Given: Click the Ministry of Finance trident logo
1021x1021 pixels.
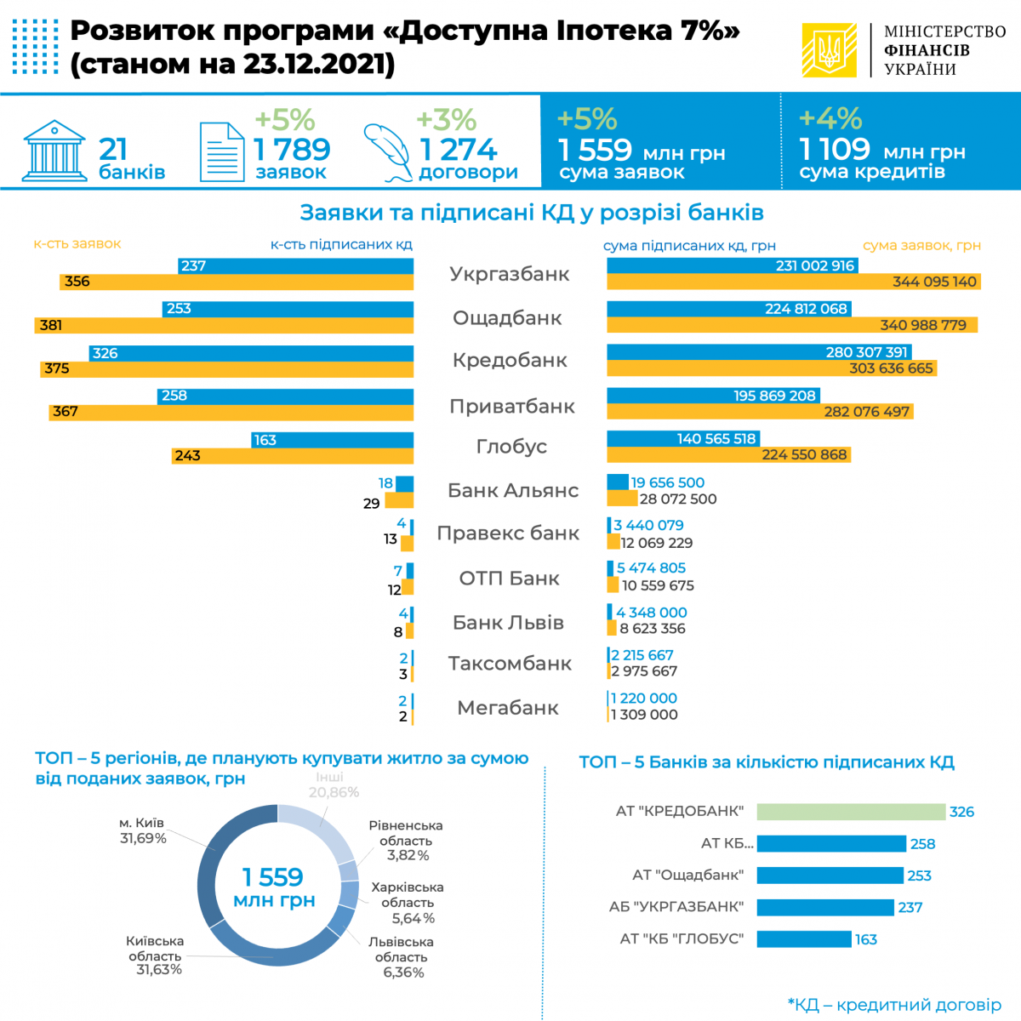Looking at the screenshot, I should (x=829, y=50).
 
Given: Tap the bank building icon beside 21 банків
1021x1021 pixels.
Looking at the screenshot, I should (x=55, y=151).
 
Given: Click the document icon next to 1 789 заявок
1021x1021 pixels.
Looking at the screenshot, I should (x=222, y=152).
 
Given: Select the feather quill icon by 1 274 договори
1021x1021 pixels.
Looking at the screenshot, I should (x=387, y=152).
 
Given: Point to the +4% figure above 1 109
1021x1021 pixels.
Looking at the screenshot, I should (x=830, y=118).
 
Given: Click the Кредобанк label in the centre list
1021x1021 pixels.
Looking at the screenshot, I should (x=510, y=360).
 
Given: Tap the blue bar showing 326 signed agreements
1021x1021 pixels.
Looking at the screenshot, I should (x=251, y=353).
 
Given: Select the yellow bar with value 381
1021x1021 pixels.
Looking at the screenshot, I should (x=225, y=325).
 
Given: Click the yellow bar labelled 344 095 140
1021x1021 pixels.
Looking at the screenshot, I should (x=793, y=282).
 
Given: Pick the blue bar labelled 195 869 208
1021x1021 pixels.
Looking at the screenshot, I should (x=713, y=396).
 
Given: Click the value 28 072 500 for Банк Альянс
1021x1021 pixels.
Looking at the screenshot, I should (x=678, y=499).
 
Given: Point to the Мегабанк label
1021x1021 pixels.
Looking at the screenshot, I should (x=508, y=708).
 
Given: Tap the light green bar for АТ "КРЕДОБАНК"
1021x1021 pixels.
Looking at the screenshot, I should (x=851, y=812).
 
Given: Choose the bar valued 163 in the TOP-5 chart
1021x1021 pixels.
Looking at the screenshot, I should (x=804, y=939).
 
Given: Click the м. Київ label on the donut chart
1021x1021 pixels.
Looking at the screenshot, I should (x=142, y=830).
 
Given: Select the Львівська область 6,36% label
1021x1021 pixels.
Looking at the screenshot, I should (x=402, y=957).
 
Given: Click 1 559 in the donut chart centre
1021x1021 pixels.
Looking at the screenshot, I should (x=272, y=876).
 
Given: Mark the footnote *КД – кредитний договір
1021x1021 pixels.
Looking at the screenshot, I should (x=894, y=1005).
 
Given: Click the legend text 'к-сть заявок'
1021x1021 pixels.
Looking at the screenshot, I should (x=77, y=244).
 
